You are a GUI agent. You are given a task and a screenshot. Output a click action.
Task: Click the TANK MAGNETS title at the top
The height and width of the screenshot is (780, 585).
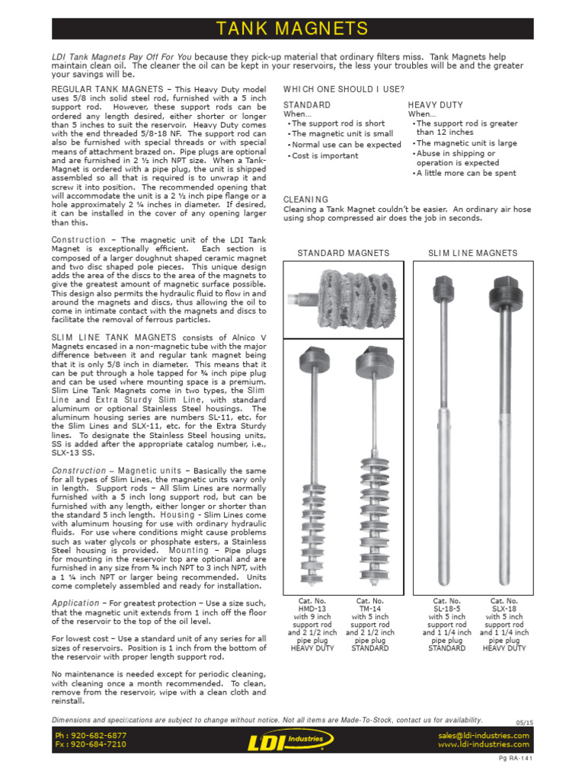tap(292, 29)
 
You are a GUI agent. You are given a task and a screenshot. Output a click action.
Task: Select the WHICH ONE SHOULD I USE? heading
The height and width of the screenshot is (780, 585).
tap(332, 89)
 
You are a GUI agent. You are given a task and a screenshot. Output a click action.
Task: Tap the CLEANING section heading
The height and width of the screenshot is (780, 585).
tap(305, 199)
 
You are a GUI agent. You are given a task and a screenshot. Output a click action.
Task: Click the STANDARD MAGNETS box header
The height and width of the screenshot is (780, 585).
tap(344, 253)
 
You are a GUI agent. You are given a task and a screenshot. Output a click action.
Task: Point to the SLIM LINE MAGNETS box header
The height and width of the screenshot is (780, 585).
tap(472, 253)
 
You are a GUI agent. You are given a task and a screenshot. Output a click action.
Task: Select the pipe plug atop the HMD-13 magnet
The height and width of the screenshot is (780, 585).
tap(313, 357)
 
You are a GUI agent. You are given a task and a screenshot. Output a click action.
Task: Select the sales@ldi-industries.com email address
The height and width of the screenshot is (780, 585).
tap(483, 736)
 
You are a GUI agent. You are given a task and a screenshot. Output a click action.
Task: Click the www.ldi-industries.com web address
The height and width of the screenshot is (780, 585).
tap(484, 744)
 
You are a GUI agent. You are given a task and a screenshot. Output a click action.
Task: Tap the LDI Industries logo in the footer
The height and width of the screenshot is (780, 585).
tap(292, 740)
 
